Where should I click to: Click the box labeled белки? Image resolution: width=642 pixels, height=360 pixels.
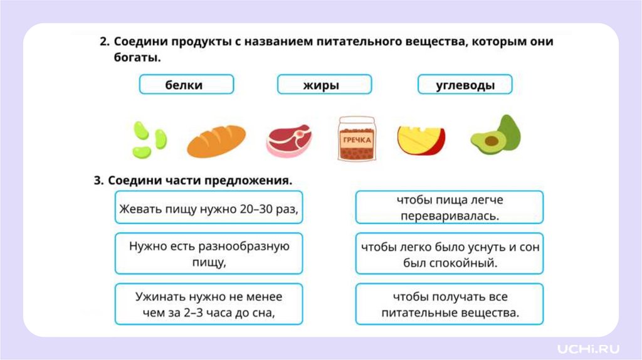point(186,85)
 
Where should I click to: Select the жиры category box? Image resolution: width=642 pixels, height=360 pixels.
point(324,85)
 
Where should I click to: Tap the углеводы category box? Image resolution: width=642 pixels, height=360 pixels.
point(465,85)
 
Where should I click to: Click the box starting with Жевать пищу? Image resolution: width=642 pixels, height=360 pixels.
point(209,208)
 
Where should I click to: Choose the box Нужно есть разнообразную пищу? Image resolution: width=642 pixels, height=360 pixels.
point(209,253)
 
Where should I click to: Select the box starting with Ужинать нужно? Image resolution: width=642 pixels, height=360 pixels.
point(209,304)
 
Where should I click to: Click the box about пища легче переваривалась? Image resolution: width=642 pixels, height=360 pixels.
point(449,208)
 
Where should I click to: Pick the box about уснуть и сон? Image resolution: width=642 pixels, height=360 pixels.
point(449,253)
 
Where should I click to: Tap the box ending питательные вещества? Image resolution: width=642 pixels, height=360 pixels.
point(449,304)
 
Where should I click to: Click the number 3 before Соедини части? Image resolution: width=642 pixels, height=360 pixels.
point(98,181)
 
